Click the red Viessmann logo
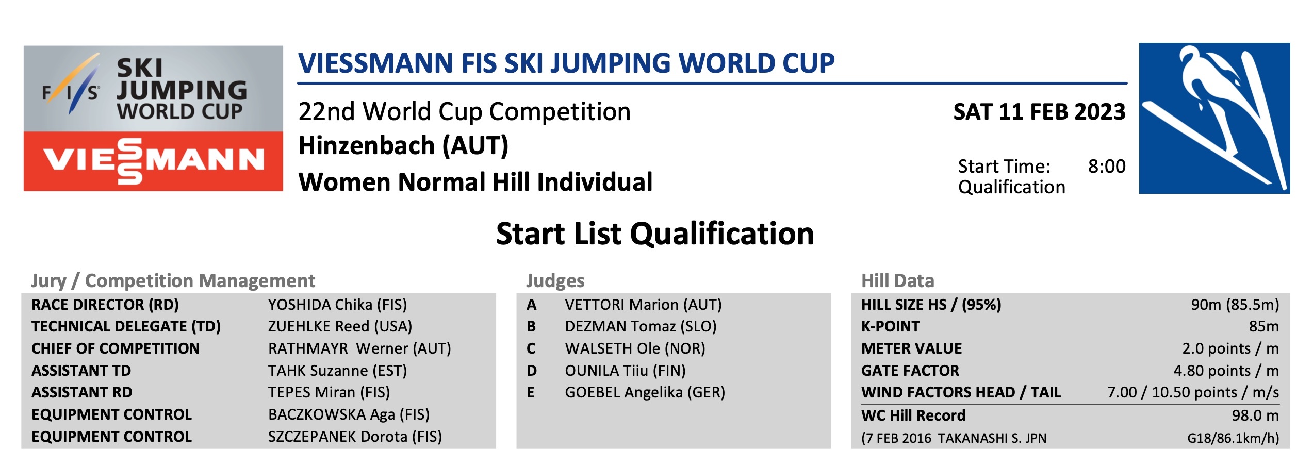(153, 161)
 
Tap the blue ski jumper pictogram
(1214, 119)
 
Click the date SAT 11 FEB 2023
(1039, 112)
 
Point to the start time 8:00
(1107, 167)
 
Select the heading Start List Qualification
(655, 234)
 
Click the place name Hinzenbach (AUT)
(403, 145)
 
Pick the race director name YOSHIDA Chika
(320, 305)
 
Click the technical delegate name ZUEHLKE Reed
(319, 326)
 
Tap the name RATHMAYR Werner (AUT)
(359, 348)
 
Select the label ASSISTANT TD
(81, 371)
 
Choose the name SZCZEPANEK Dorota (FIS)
(355, 437)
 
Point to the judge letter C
(531, 349)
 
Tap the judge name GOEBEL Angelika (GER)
(645, 393)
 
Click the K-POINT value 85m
(1264, 326)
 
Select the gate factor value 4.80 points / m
(1226, 371)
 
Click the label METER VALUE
(911, 348)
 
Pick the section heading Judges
(555, 281)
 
